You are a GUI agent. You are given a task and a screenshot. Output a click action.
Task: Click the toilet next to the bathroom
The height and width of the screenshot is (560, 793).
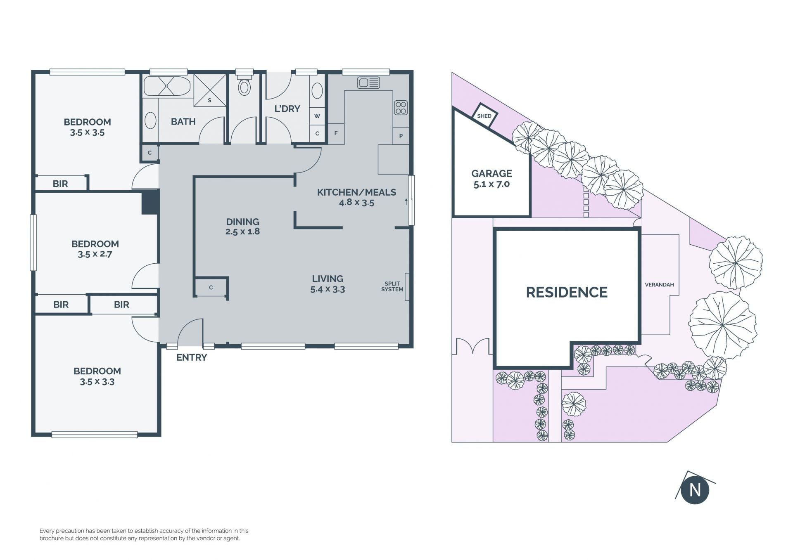tap(244, 85)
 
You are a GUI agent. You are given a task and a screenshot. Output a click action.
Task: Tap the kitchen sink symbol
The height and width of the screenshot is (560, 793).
tap(368, 83)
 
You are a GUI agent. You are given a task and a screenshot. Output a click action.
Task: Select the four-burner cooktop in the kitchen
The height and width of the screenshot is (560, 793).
tap(401, 108)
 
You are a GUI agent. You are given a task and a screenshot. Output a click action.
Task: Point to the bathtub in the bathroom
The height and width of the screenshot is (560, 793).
tap(167, 86)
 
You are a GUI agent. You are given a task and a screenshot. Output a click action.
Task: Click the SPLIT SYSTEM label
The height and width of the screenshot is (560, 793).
tap(392, 286)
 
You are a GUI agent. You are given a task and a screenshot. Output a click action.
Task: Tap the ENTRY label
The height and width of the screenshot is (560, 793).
tap(192, 357)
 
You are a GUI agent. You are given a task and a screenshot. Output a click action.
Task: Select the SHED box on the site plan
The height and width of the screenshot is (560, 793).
tap(484, 115)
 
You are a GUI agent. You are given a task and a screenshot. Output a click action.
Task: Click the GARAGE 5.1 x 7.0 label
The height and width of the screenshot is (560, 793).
tap(491, 179)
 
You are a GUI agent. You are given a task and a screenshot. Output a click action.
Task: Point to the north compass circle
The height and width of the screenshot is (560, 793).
tap(695, 490)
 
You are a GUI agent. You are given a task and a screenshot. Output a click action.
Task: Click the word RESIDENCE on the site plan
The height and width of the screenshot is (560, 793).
tap(567, 292)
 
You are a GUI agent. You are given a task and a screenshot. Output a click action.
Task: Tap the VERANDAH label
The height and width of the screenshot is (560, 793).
tap(659, 285)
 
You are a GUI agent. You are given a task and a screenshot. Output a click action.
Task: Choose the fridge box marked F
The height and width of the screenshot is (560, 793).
tap(336, 133)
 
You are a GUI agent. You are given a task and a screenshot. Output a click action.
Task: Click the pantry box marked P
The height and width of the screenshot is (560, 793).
tap(401, 135)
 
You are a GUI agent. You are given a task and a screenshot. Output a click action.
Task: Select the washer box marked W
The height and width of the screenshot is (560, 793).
tap(317, 116)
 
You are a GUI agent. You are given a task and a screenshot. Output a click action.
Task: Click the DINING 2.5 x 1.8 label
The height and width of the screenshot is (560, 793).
tap(242, 227)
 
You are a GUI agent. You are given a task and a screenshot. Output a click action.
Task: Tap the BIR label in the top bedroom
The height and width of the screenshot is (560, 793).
tap(60, 184)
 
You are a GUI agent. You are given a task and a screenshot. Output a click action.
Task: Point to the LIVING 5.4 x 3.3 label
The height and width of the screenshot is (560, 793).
tap(328, 284)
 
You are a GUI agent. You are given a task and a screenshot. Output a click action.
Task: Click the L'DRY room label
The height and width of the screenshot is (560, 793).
tap(287, 109)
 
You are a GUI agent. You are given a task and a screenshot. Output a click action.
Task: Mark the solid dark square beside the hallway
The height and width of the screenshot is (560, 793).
tap(150, 202)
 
